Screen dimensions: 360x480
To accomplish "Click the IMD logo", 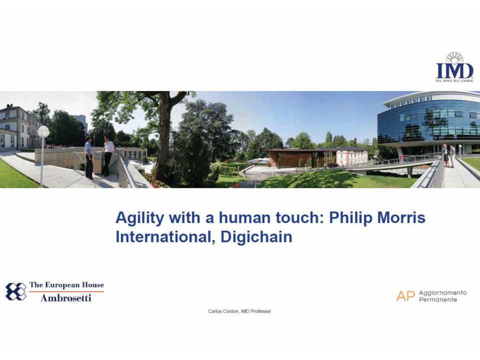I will [x=454, y=67].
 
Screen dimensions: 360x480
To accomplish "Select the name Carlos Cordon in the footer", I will [x=223, y=311].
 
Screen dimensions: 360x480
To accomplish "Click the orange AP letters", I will [x=405, y=296].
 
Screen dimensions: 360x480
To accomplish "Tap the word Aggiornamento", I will [x=442, y=292].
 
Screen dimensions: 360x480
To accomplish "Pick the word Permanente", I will [x=437, y=299].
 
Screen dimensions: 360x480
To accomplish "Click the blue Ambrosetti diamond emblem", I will [x=15, y=291].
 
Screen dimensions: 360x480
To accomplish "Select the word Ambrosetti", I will [x=66, y=298].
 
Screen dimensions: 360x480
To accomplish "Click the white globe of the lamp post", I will [x=43, y=131].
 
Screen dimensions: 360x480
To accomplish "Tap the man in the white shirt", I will [x=108, y=155].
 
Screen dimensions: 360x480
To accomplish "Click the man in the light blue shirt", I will [x=88, y=156].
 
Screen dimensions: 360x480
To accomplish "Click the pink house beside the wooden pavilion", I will [x=352, y=156].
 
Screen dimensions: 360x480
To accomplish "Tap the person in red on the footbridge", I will [x=401, y=158].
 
